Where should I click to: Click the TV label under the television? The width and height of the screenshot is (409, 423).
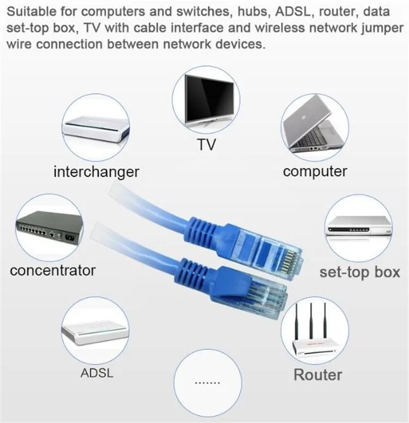205,144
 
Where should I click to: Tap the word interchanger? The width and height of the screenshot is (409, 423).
96,172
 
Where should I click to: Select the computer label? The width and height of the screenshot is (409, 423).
315,171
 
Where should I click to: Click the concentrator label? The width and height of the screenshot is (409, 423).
52,269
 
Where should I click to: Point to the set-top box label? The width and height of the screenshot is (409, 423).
360,272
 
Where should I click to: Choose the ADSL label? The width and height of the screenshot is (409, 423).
96,374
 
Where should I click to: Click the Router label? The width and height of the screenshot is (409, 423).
318,375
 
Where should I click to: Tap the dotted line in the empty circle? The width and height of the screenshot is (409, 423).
206,383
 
